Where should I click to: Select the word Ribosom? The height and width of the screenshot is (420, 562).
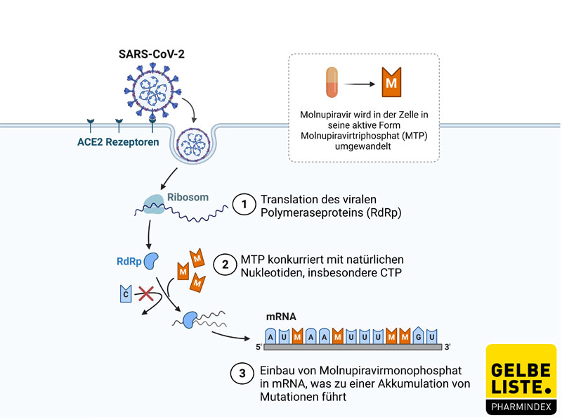pos(188,198)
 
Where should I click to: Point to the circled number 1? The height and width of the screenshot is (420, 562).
pos(243,205)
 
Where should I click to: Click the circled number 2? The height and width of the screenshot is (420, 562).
pos(226,265)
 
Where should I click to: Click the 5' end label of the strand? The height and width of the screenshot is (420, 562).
pos(259,347)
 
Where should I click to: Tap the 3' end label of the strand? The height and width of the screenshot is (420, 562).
pos(447,347)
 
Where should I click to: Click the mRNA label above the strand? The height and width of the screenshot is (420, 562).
pos(280,317)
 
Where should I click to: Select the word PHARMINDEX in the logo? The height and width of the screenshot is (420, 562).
pos(521,406)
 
